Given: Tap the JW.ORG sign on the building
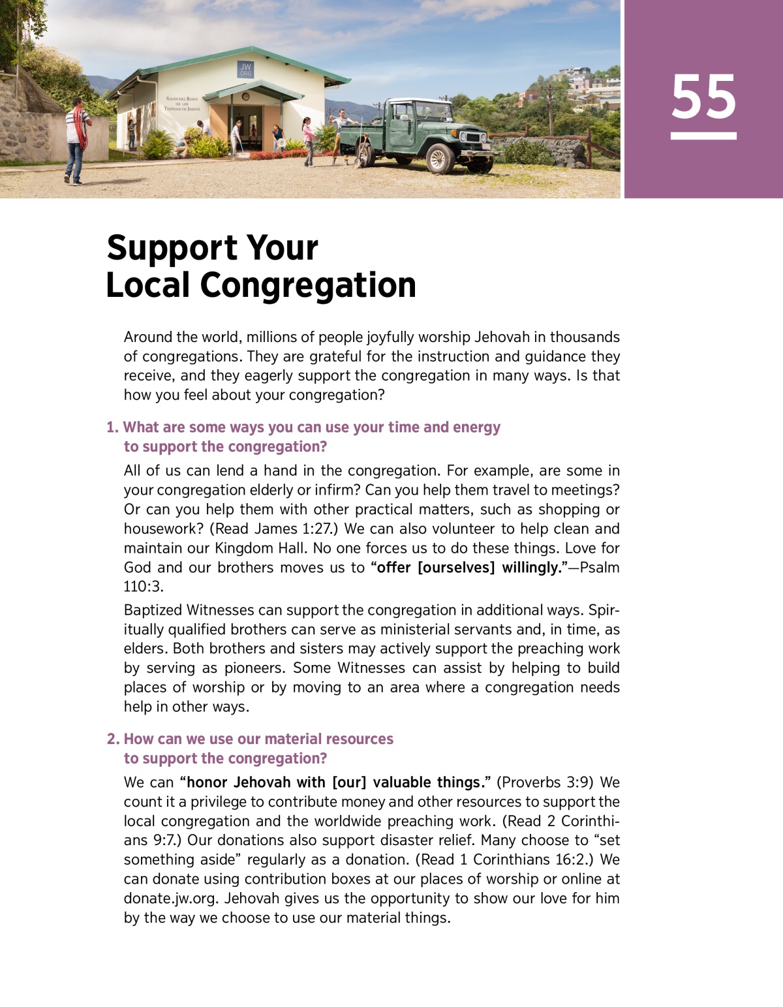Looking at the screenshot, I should point(245,70).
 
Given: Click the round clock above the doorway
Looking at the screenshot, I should point(246,97).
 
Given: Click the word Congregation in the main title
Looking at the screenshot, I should point(308,285).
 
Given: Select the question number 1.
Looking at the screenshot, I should point(112,427).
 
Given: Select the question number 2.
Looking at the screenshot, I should point(113,739).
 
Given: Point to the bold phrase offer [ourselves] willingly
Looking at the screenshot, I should point(466,567).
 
